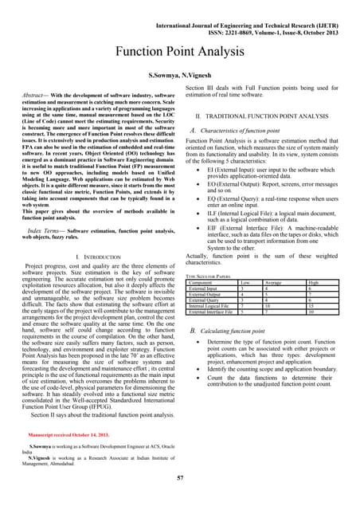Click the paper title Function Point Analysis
[179, 53]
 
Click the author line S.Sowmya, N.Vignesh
[179, 74]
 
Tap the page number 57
[180, 477]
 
